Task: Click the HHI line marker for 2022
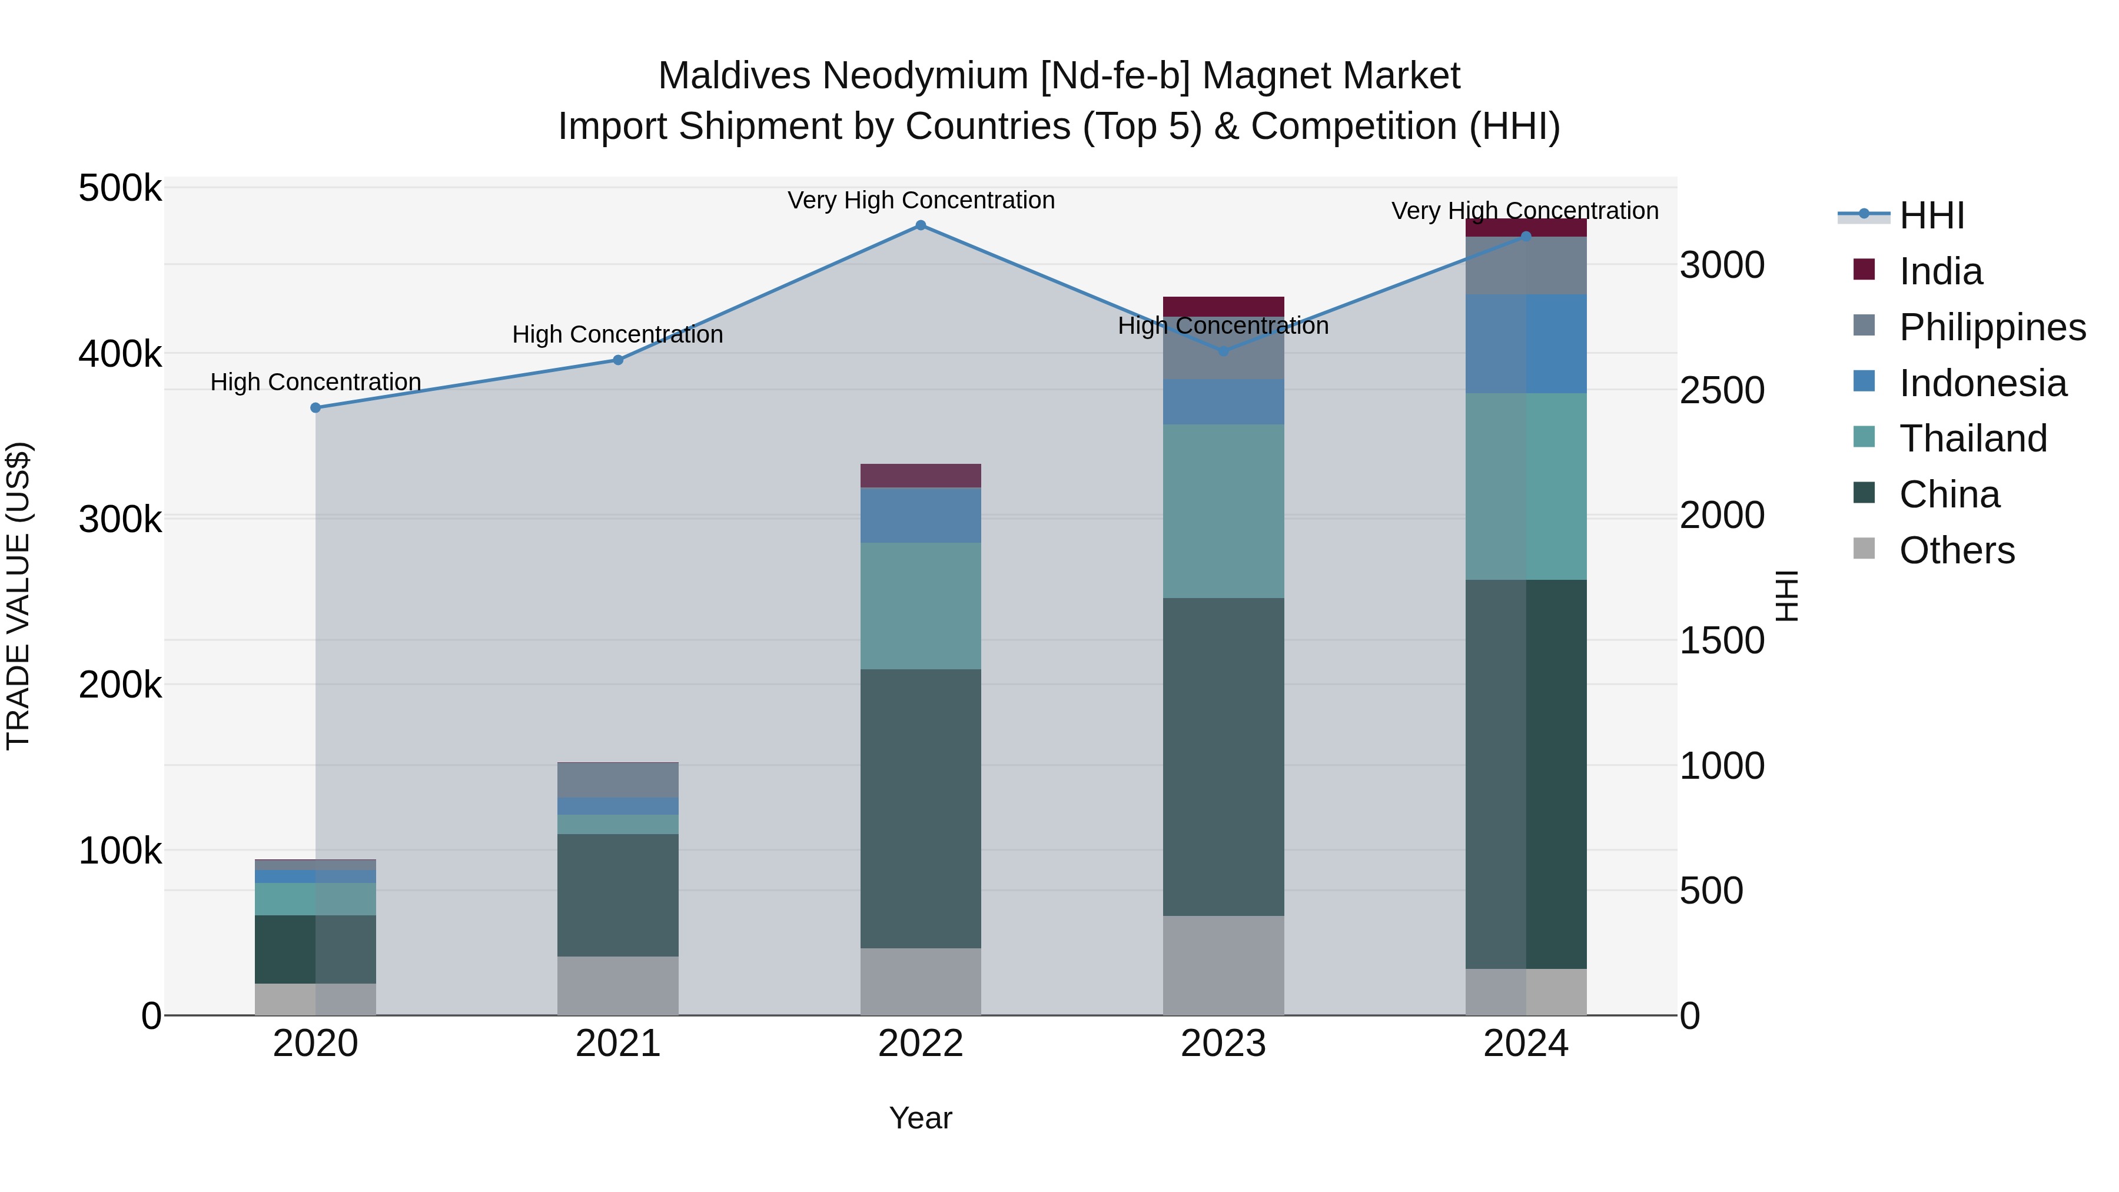(921, 225)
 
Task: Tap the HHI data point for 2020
(316, 408)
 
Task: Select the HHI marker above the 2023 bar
(1223, 351)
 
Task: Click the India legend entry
(1941, 271)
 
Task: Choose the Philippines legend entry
(1991, 327)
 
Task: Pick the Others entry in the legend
(1956, 550)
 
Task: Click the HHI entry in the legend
(1931, 215)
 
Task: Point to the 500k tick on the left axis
(120, 188)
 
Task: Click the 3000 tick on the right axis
(1722, 265)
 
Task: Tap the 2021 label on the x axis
(618, 1044)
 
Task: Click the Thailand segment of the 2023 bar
(1223, 511)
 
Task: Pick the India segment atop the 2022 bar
(921, 476)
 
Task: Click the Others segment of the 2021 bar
(618, 985)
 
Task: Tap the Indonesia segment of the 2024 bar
(1526, 344)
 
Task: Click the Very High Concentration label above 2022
(921, 200)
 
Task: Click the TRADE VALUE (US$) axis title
(18, 596)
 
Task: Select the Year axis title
(921, 1118)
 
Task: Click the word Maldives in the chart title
(734, 76)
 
